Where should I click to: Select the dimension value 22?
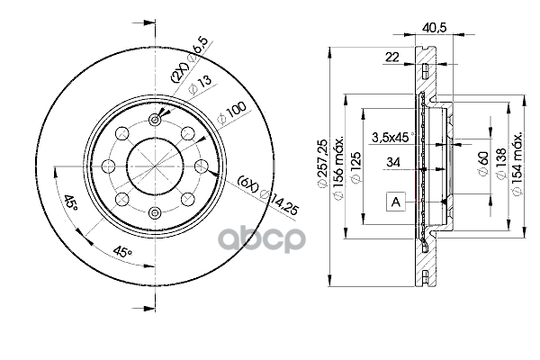391,57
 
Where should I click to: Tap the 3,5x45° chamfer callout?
392,137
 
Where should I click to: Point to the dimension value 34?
392,163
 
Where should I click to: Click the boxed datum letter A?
394,202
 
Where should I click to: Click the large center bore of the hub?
154,166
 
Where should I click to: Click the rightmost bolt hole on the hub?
203,166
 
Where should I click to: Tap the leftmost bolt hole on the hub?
106,166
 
